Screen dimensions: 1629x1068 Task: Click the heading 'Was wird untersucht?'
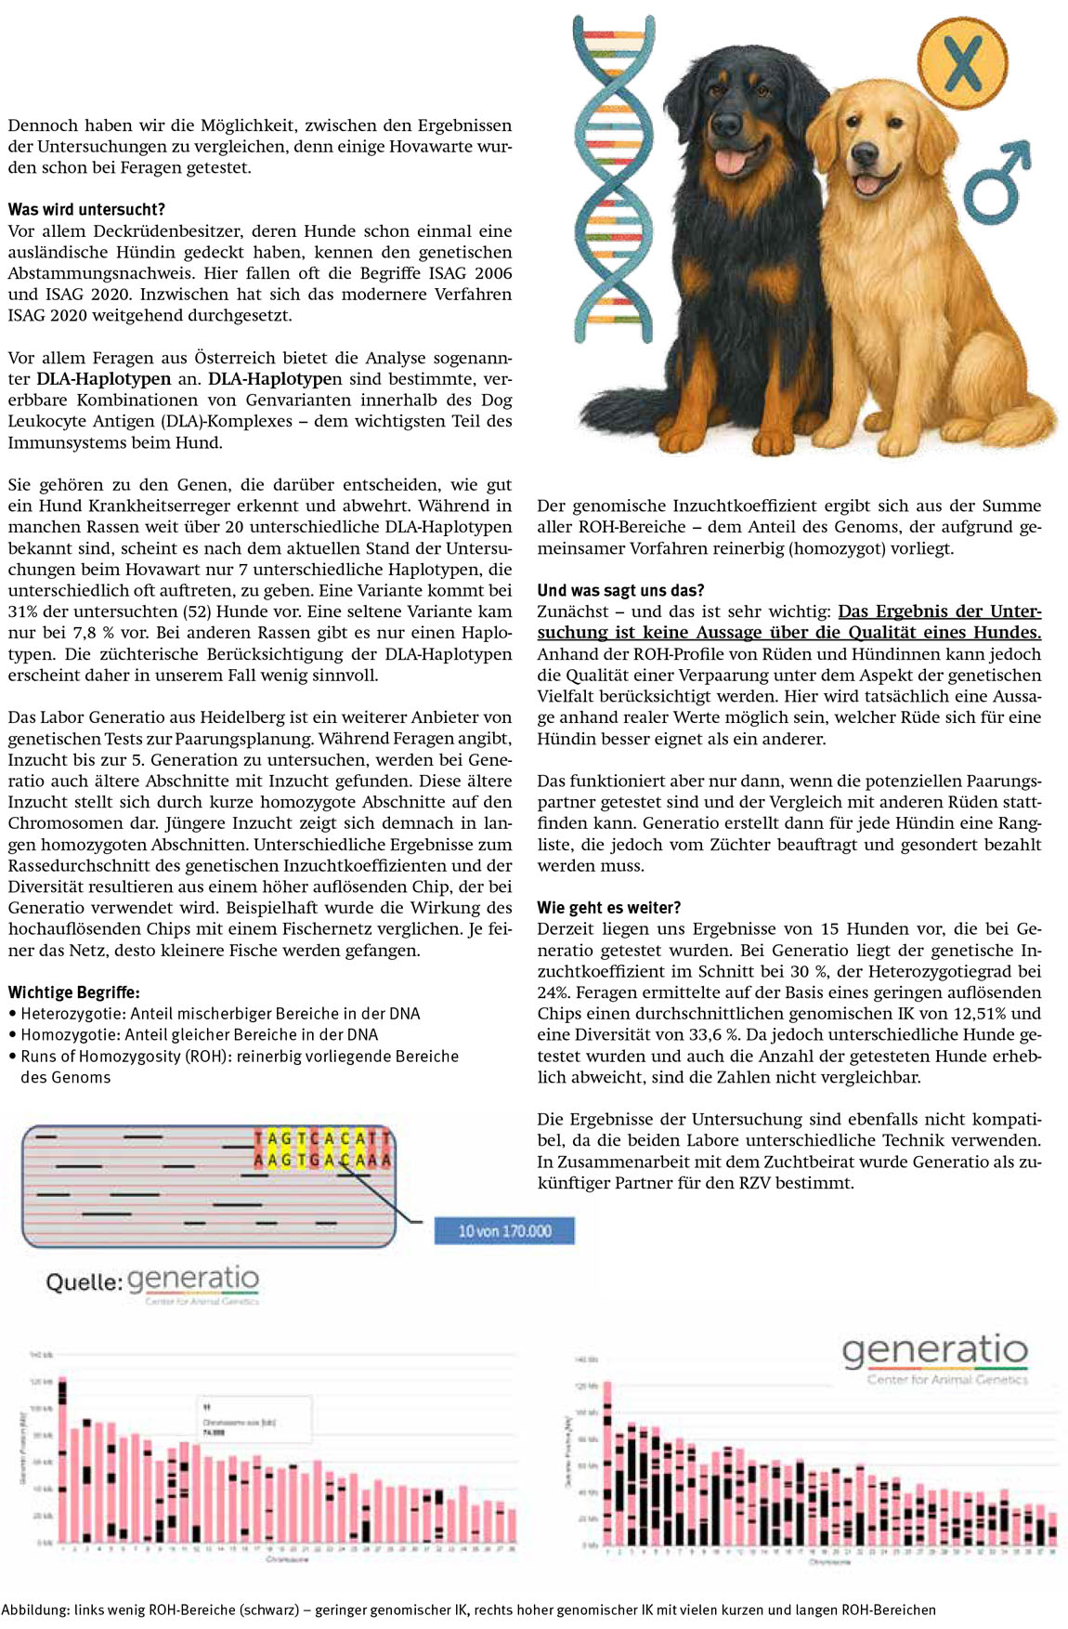click(86, 209)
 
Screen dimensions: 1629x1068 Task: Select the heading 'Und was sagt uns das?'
click(620, 590)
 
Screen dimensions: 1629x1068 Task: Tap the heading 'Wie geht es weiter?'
click(609, 907)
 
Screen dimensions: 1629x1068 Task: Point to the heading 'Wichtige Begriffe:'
click(74, 992)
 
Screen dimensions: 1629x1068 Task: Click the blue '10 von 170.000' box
click(504, 1230)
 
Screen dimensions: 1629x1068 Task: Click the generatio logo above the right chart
click(934, 1351)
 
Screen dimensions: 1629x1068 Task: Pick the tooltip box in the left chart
click(242, 1419)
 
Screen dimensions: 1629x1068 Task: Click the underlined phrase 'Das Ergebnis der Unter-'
click(939, 611)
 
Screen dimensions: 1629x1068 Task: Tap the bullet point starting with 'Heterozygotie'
click(219, 1013)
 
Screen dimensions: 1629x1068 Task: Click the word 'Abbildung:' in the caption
click(34, 1609)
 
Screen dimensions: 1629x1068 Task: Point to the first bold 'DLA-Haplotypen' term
click(103, 379)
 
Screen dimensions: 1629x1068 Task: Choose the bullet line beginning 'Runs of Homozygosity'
click(238, 1056)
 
